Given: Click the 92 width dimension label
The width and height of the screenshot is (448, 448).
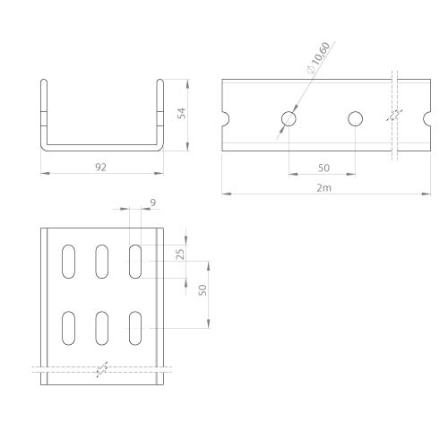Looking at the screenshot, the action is pyautogui.click(x=100, y=168).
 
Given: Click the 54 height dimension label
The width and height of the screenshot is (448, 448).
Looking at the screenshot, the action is pyautogui.click(x=182, y=114).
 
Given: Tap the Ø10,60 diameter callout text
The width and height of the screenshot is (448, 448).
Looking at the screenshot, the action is pyautogui.click(x=319, y=57).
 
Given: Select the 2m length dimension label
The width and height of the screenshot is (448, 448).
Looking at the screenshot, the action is pyautogui.click(x=324, y=188).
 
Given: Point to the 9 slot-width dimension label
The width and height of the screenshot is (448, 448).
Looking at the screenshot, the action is pyautogui.click(x=153, y=202).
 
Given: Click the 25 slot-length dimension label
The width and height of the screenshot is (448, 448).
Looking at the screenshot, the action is pyautogui.click(x=180, y=254).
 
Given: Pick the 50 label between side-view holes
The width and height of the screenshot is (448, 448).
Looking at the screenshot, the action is pyautogui.click(x=323, y=168).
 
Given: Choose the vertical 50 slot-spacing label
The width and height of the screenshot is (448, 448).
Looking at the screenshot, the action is pyautogui.click(x=202, y=290).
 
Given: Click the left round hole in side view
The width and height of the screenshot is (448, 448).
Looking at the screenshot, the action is pyautogui.click(x=289, y=118).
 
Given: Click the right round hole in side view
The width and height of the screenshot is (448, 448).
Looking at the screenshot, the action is pyautogui.click(x=356, y=118).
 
